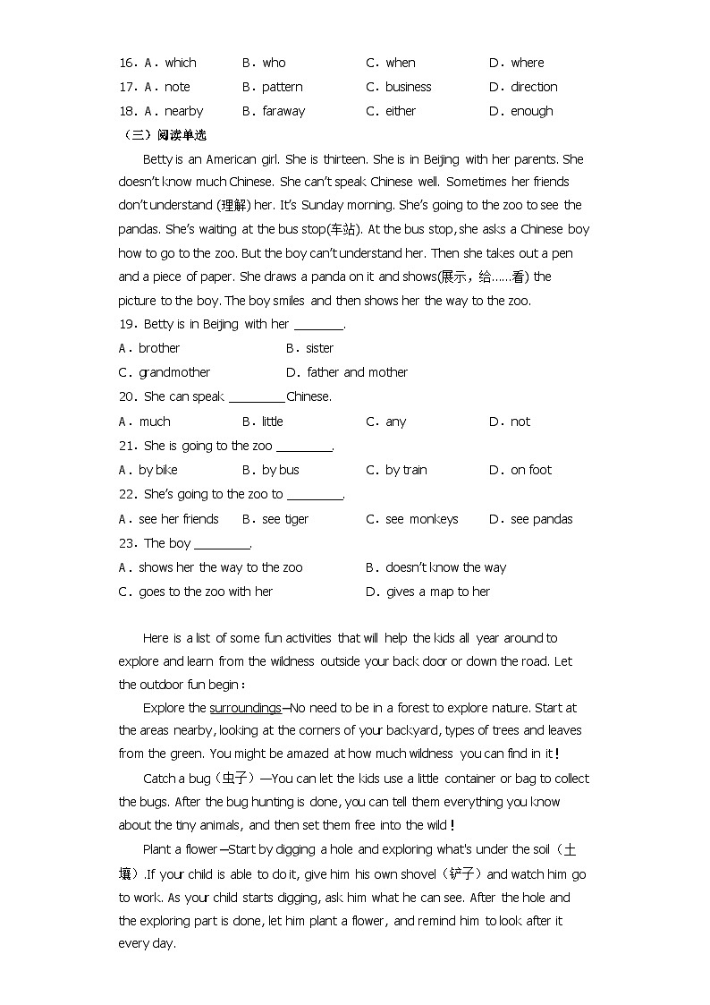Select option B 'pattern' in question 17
pos(282,87)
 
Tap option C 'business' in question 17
pos(408,87)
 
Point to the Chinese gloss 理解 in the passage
pos(232,206)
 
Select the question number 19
pos(126,324)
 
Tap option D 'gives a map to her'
pos(437,592)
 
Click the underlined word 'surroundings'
pos(245,708)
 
